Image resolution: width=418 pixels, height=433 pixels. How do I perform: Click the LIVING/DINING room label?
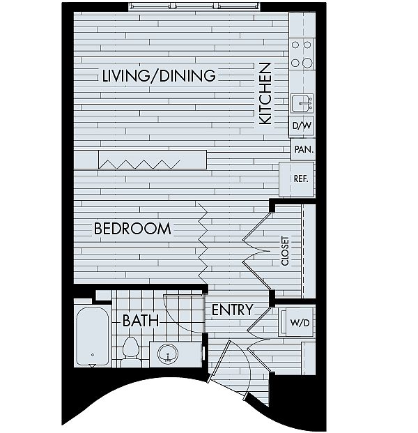pos(159,75)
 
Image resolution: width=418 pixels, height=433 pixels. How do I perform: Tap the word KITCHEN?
pos(265,93)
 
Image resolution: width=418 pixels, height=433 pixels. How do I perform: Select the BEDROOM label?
pos(132,229)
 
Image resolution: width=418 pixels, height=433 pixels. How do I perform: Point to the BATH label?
pos(141,320)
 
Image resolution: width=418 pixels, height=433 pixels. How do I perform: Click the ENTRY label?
pos(232,310)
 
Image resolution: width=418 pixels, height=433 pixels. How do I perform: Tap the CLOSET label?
pos(285,251)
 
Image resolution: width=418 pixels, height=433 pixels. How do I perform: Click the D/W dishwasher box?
pos(302,126)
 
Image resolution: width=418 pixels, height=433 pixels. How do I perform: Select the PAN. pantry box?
pos(303,149)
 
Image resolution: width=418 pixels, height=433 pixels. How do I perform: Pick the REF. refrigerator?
pos(297,179)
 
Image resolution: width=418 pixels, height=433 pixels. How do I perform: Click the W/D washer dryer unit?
pos(296,322)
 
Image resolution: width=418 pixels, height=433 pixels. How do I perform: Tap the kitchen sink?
pos(302,103)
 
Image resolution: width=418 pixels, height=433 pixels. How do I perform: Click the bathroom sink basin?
pos(168,354)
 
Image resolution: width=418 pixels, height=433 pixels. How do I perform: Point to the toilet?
pos(130,352)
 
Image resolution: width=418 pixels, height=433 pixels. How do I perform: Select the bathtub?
pos(93,336)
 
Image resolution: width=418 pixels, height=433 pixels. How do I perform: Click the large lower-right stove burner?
pos(307,63)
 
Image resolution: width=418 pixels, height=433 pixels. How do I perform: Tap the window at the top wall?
pos(194,6)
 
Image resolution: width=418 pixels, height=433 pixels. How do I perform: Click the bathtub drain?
pos(93,355)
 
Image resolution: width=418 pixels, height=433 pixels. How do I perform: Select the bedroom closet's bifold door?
pos(256,251)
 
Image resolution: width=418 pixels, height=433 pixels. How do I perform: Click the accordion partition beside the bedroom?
pos(203,240)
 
